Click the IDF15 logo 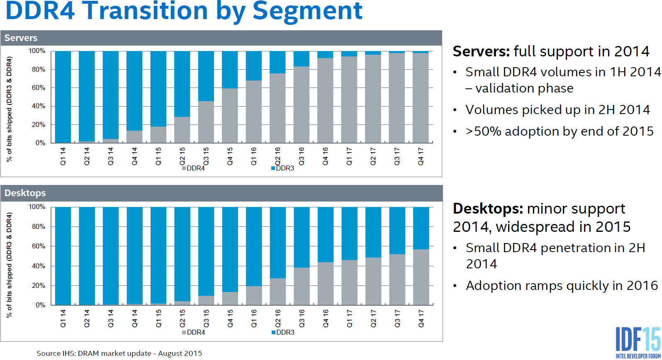pyautogui.click(x=638, y=342)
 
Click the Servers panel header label pyautogui.click(x=21, y=38)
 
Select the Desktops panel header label pyautogui.click(x=25, y=193)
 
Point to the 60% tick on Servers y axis pyautogui.click(x=38, y=88)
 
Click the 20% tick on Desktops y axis pyautogui.click(x=38, y=286)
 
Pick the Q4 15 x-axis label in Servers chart pyautogui.click(x=230, y=156)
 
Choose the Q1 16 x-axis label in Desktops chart pyautogui.click(x=254, y=318)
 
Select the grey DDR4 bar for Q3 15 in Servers pyautogui.click(x=206, y=122)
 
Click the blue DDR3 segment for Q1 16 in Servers pyautogui.click(x=254, y=66)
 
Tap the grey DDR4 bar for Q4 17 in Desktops pyautogui.click(x=421, y=277)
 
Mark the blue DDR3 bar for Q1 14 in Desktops pyautogui.click(x=63, y=256)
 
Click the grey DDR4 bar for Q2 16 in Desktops pyautogui.click(x=278, y=292)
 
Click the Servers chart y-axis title pyautogui.click(x=9, y=109)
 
